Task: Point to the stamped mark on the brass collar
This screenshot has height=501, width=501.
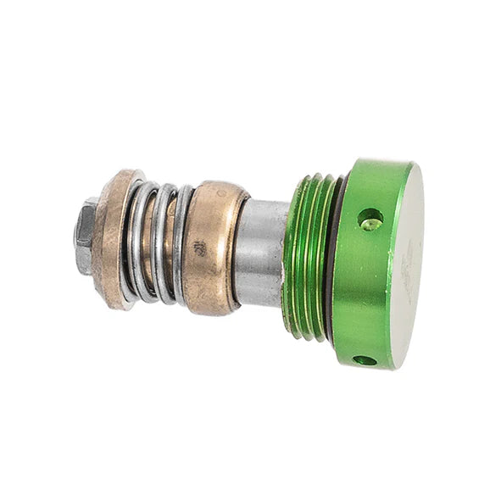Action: [x=199, y=249]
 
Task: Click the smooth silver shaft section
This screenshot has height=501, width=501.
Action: [x=259, y=253]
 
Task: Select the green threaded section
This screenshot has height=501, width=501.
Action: [x=305, y=254]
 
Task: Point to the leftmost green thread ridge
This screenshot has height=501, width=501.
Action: [x=291, y=254]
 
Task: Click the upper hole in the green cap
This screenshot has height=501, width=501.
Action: [x=370, y=220]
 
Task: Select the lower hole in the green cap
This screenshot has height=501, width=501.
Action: [x=365, y=360]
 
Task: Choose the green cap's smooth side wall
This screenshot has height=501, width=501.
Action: [x=360, y=280]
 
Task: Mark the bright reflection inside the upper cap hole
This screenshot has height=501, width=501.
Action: [x=371, y=225]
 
